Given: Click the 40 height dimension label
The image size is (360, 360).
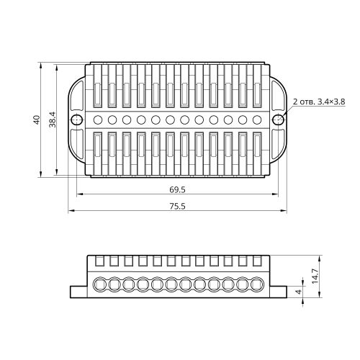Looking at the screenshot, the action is [37, 120].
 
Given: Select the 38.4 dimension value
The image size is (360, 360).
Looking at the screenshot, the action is [53, 120].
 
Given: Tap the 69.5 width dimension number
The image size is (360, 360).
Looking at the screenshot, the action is [177, 190].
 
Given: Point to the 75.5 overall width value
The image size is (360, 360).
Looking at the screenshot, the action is [177, 206].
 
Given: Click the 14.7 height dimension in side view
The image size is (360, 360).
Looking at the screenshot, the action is [315, 276].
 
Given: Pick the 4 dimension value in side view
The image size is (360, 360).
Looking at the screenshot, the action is [298, 292].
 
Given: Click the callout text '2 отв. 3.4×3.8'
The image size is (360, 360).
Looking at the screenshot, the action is [319, 102].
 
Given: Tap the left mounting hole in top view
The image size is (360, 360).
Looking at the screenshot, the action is [77, 120].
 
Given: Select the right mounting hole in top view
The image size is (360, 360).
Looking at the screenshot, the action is [278, 120].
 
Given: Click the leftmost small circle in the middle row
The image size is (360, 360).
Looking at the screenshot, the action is [98, 120].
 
